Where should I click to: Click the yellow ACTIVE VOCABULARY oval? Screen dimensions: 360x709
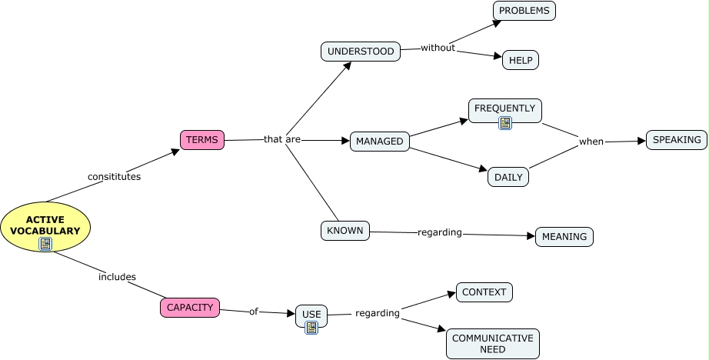pos(46,225)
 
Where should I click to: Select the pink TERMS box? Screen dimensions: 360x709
pos(202,140)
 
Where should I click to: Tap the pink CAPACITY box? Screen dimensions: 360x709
pos(189,308)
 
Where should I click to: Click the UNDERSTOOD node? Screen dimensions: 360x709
pos(360,52)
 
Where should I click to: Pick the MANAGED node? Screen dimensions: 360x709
pos(380,142)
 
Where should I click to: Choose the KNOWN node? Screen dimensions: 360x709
pos(345,231)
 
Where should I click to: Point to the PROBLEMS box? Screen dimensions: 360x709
pos(524,11)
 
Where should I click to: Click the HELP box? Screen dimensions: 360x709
pos(521,61)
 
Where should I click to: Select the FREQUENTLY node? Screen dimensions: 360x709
pos(504,108)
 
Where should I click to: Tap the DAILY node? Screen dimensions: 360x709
pos(508,177)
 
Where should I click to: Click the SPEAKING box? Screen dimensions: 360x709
pos(677,140)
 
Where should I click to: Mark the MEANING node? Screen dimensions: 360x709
pos(564,237)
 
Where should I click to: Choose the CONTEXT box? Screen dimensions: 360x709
pos(484,292)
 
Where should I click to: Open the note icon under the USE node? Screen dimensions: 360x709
pos(311,328)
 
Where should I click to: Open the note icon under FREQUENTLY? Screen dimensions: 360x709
pos(505,123)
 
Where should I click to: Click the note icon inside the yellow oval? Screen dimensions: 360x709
pos(46,245)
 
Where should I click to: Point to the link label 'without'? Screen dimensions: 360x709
pos(438,48)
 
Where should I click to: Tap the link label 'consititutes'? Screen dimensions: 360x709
pos(114,176)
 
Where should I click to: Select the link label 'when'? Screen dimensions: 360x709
pos(591,142)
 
